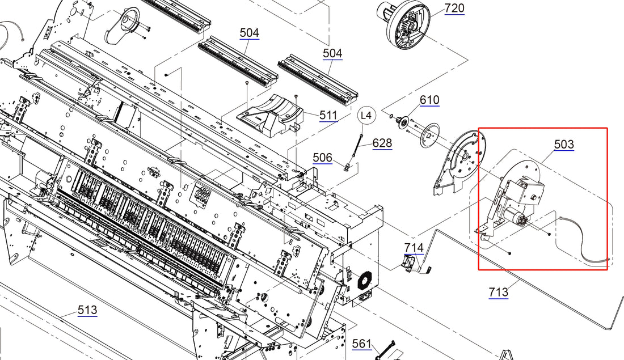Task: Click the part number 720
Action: tap(454, 8)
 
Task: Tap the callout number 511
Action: tap(328, 115)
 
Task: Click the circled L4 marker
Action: tap(367, 116)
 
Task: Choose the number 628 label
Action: tap(382, 143)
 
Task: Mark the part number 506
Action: tap(323, 157)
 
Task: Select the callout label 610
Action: tap(429, 100)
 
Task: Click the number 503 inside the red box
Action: tap(563, 145)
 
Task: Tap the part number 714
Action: tap(414, 247)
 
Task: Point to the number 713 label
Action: tap(498, 292)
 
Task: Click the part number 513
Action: tap(87, 310)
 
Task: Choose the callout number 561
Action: tap(361, 344)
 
